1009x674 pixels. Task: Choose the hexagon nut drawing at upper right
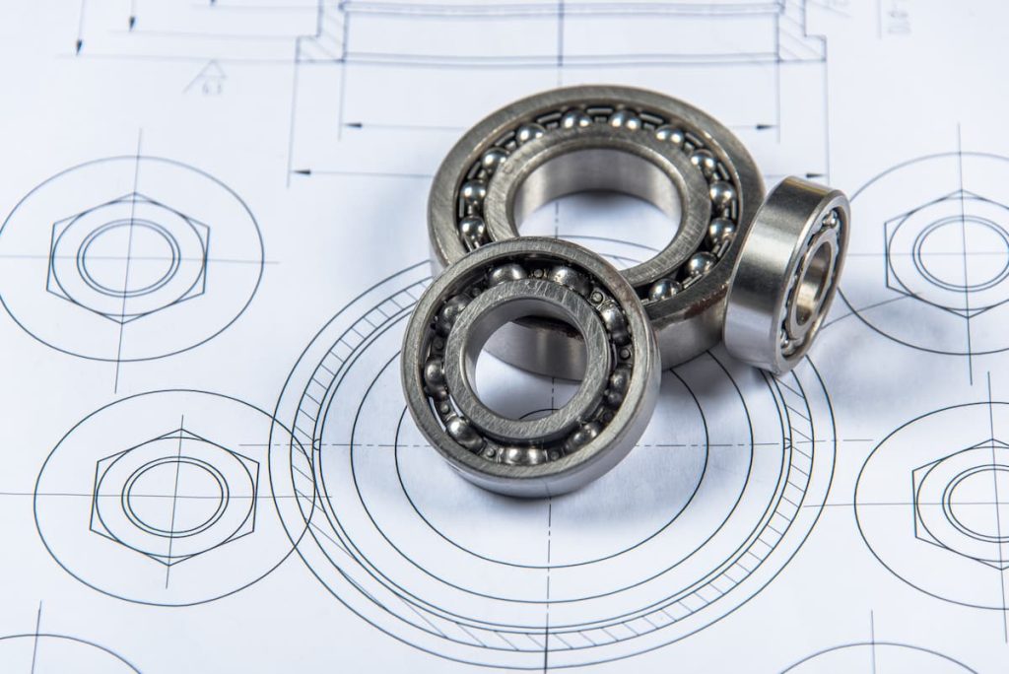[946, 251]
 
